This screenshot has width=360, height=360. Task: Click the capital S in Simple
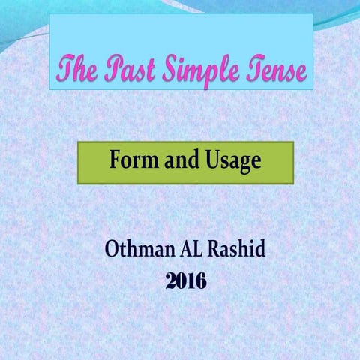pyautogui.click(x=173, y=69)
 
